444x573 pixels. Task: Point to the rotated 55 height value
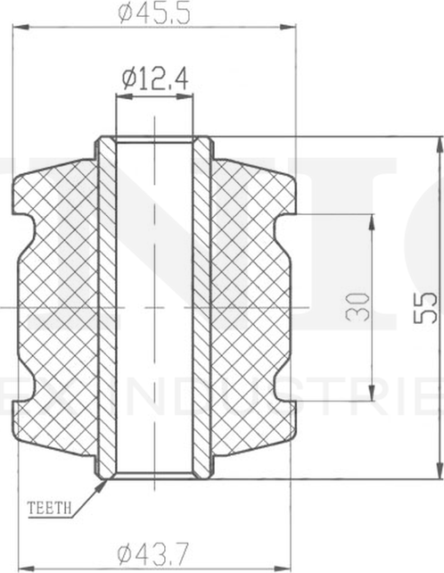pos(427,308)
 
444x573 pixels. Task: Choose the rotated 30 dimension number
pos(357,308)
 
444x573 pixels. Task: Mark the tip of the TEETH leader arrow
pos(104,482)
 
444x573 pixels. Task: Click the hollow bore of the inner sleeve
pos(155,308)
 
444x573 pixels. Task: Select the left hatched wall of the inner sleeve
pos(107,308)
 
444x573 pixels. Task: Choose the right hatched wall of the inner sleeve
pos(202,308)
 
